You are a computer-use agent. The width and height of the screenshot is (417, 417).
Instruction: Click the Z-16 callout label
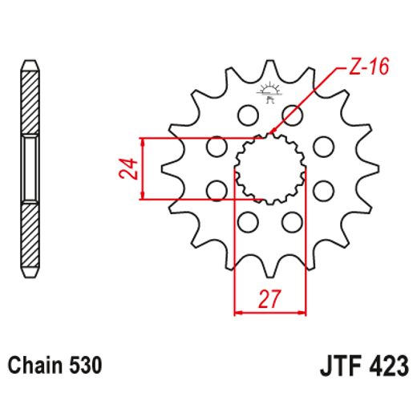369,67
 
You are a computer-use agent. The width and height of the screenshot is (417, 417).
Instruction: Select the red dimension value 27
269,299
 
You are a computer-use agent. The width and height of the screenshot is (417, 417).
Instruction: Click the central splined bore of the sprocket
269,168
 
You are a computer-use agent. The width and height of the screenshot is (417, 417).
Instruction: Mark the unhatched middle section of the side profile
29,168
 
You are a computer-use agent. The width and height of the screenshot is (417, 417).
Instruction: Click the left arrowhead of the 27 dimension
237,311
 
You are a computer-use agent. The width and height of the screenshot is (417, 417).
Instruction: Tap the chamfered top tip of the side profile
29,65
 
